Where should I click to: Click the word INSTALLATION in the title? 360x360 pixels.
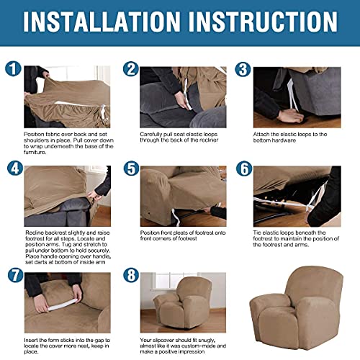point(109,23)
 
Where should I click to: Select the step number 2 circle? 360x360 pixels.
point(130,70)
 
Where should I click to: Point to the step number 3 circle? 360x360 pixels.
point(243,70)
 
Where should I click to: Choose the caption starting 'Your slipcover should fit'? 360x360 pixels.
point(183,346)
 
